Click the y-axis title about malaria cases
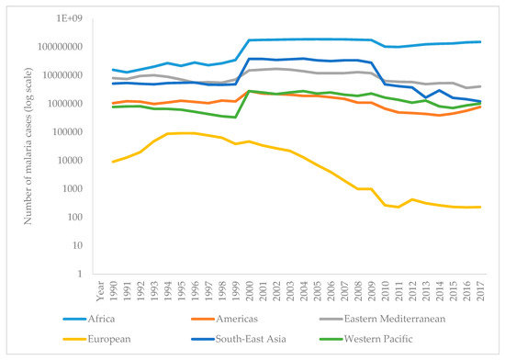click(x=36, y=146)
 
